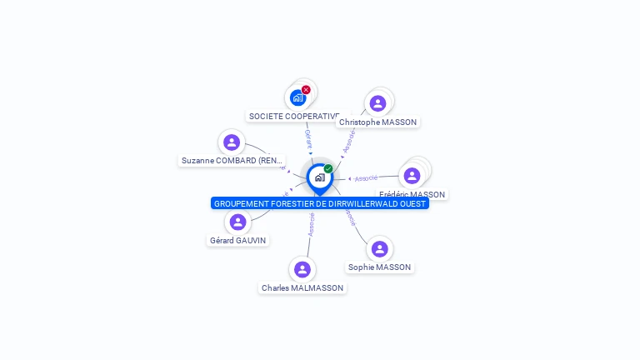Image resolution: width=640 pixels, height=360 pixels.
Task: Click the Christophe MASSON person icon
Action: coord(378,103)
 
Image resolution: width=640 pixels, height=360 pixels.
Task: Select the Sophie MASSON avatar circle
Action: coord(379,249)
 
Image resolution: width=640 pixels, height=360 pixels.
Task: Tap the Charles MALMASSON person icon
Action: coord(302,269)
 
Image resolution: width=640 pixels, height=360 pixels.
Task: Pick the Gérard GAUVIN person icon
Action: coord(238,222)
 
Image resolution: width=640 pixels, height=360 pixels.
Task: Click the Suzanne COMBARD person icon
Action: coord(232,142)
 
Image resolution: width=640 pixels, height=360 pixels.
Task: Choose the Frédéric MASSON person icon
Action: coord(412,176)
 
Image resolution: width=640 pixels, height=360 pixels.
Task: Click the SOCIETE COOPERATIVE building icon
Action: coord(297,97)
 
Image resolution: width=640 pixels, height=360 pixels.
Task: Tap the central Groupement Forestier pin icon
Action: coord(319,177)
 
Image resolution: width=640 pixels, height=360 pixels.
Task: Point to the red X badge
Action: coord(306,89)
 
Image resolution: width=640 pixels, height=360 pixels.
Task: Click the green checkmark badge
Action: coord(328,168)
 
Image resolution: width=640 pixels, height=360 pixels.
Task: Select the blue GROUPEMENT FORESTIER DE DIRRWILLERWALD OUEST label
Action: coord(319,203)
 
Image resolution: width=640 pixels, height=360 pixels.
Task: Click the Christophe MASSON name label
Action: coord(378,122)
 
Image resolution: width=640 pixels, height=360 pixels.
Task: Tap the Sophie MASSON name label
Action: coord(379,267)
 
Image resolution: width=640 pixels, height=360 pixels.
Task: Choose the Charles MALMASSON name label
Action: coord(302,287)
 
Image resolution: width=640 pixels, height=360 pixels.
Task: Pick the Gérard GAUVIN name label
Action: coord(238,240)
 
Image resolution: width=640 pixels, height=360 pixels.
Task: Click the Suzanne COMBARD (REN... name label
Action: coord(232,160)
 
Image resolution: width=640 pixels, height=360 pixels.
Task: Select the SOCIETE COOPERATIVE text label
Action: coord(294,116)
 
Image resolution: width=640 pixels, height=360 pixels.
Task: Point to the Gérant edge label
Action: coord(308,137)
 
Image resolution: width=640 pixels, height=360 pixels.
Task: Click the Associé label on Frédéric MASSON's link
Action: coord(367,177)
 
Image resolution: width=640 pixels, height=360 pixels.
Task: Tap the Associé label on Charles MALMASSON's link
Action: coord(311,225)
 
